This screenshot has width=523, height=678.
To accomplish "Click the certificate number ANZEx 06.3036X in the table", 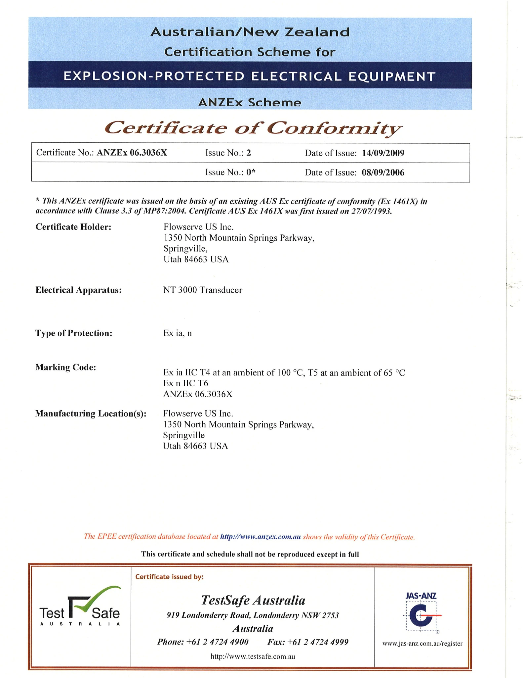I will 132,153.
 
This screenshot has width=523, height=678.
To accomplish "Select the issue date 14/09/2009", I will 383,153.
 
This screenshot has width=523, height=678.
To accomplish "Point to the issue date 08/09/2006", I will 383,172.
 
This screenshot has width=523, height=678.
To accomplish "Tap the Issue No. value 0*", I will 251,172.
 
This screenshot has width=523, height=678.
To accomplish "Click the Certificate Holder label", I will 73,227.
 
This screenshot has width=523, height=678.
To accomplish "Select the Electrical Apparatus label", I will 79,290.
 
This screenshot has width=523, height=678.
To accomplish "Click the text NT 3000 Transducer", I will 203,290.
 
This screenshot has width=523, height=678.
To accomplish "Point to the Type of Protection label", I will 74,333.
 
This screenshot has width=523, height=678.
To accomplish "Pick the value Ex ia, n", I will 178,333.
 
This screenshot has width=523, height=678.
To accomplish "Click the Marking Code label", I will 66,367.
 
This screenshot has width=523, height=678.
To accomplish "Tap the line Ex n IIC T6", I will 186,383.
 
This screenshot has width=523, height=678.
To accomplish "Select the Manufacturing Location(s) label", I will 91,414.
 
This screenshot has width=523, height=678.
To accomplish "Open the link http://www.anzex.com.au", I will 260,537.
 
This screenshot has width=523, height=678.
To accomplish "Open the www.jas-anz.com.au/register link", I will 422,644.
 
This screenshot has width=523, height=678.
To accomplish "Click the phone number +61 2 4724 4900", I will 217,642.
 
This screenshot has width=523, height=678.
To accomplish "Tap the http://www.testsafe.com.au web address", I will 253,656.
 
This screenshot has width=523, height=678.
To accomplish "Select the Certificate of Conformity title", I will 253,128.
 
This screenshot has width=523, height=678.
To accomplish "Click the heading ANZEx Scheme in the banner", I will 250,102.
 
